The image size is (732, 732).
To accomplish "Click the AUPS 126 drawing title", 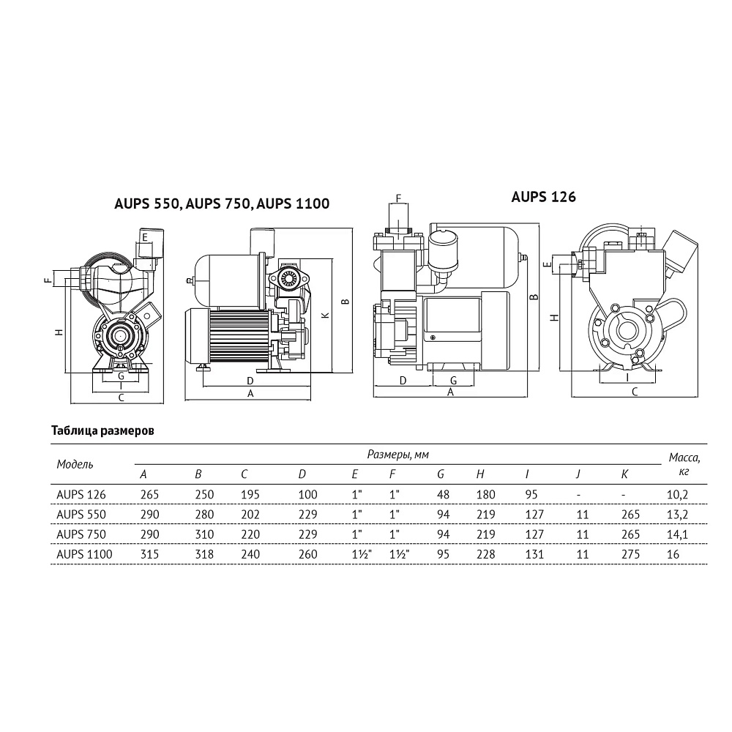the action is (x=543, y=197).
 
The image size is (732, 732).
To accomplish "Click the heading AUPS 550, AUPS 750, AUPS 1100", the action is (x=222, y=203).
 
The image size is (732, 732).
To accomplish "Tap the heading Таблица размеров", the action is (x=102, y=430).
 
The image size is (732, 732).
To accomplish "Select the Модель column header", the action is (x=75, y=465).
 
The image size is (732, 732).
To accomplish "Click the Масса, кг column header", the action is (x=684, y=464).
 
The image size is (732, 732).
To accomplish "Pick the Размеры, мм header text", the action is (x=397, y=455).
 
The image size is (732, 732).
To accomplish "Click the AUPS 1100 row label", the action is (x=84, y=554).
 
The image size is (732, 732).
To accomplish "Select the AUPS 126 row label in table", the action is (x=81, y=494).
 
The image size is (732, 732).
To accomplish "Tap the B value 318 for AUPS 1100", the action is (x=204, y=554).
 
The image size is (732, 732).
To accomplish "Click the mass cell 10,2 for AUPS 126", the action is (x=677, y=495).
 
